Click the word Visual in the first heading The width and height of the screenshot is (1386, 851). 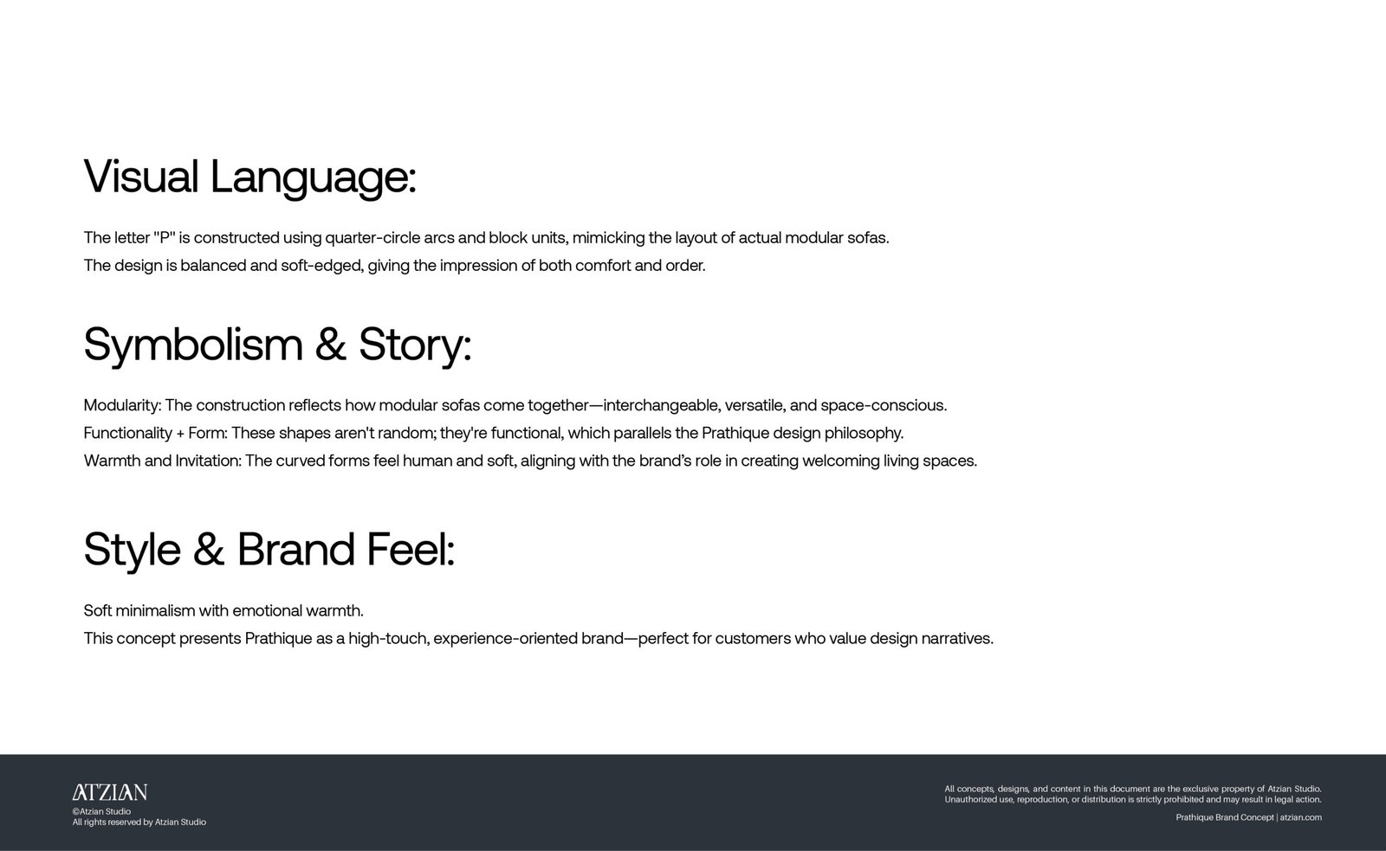click(141, 177)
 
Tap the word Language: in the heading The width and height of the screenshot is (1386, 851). click(313, 179)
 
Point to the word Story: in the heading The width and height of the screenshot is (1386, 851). click(415, 345)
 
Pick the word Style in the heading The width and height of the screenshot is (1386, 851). click(133, 550)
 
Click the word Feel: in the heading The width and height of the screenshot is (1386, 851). click(411, 549)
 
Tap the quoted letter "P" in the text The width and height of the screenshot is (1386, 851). click(164, 237)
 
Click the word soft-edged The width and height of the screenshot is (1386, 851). click(322, 266)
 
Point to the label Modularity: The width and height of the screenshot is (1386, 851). click(122, 406)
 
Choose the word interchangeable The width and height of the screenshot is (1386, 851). click(662, 406)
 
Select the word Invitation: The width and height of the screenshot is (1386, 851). click(209, 461)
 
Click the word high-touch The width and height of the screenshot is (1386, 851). click(389, 639)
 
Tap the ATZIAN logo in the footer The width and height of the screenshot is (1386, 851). click(109, 792)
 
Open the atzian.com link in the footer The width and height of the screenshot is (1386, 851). click(1300, 817)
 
